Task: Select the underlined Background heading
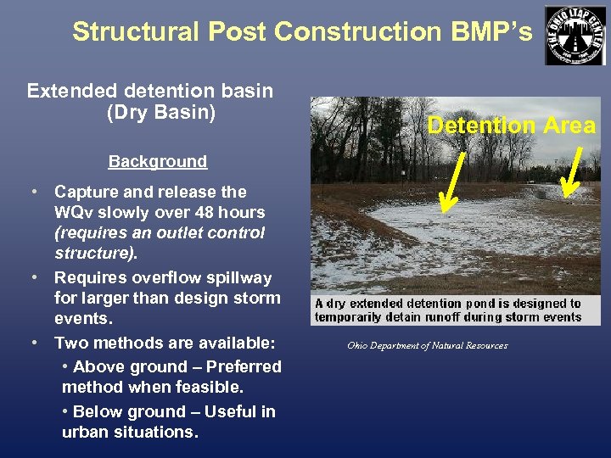coord(157,161)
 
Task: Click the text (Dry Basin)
coord(161,112)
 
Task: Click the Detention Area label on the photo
coord(511,126)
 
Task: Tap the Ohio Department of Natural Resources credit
coord(427,345)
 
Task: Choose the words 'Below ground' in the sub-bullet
coord(126,411)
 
